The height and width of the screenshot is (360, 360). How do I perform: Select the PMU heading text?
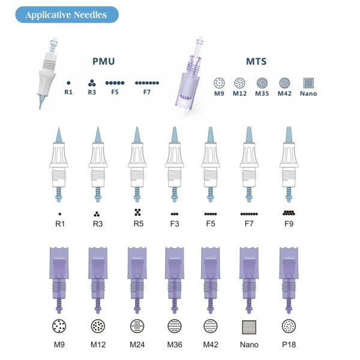(103, 62)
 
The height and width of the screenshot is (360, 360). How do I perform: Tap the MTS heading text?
(256, 62)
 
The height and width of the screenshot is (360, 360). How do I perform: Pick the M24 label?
(137, 345)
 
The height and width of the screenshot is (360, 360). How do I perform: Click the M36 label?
(175, 345)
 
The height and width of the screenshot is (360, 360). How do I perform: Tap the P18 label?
(289, 345)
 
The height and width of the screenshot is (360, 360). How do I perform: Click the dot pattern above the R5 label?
(137, 212)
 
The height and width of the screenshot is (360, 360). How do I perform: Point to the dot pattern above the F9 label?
(289, 212)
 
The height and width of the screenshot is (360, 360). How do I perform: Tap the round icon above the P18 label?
(289, 326)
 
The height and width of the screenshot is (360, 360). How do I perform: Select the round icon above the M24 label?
(137, 326)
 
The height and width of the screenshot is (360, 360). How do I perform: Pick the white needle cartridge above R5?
(136, 162)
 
